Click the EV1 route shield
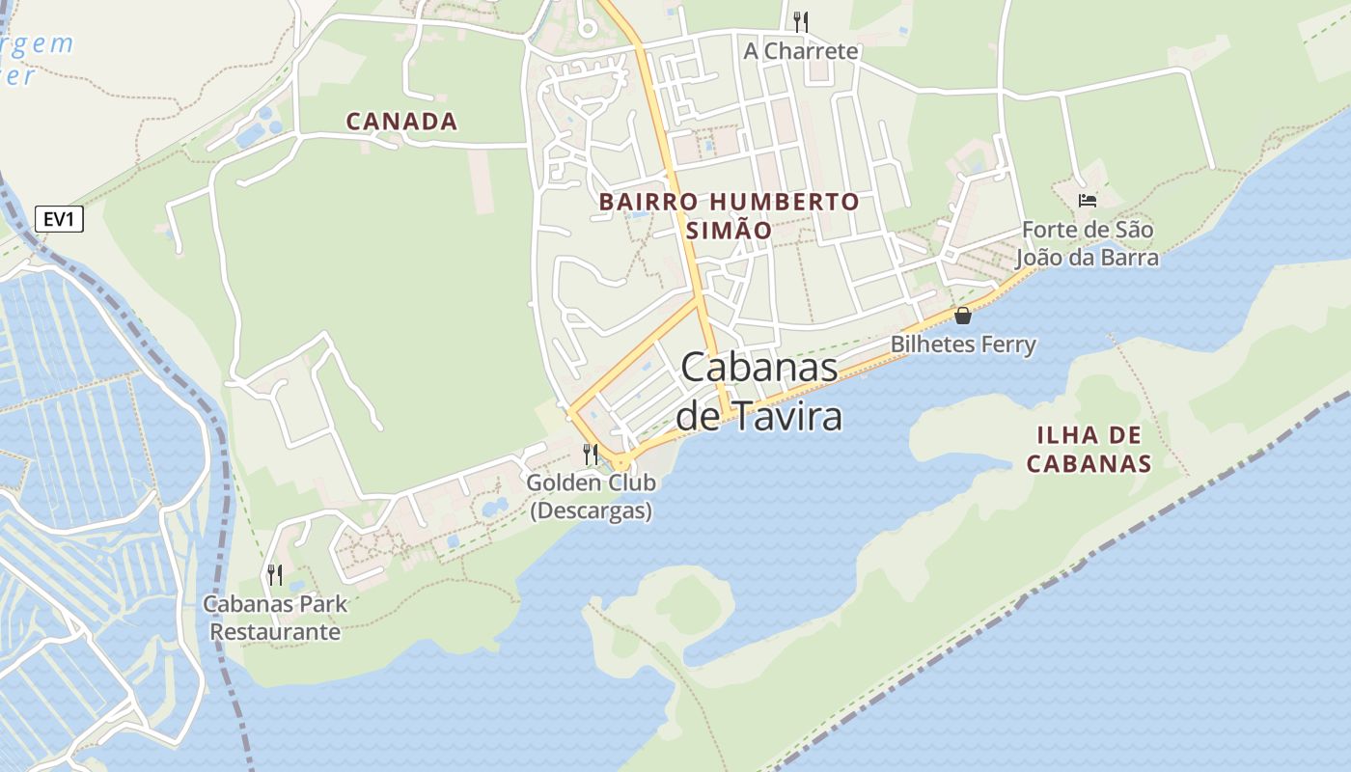pos(59,220)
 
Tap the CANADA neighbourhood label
pos(401,122)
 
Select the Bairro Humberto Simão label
pos(729,215)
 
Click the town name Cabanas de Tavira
pos(758,392)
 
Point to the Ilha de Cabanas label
pos(1089,449)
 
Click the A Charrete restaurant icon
pos(800,21)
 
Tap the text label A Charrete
pos(800,51)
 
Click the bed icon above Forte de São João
pos(1088,201)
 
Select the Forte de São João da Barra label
pos(1088,244)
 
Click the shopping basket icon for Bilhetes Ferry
pos(962,316)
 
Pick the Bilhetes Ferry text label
pos(962,345)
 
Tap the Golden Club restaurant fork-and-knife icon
pos(591,454)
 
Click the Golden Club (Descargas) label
pos(591,496)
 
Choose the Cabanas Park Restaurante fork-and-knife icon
pos(275,575)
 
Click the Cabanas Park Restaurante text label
pos(275,619)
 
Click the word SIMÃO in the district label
pos(729,231)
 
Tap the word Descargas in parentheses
pos(591,510)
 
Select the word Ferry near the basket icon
pos(1007,345)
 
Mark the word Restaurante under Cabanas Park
pos(275,632)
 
